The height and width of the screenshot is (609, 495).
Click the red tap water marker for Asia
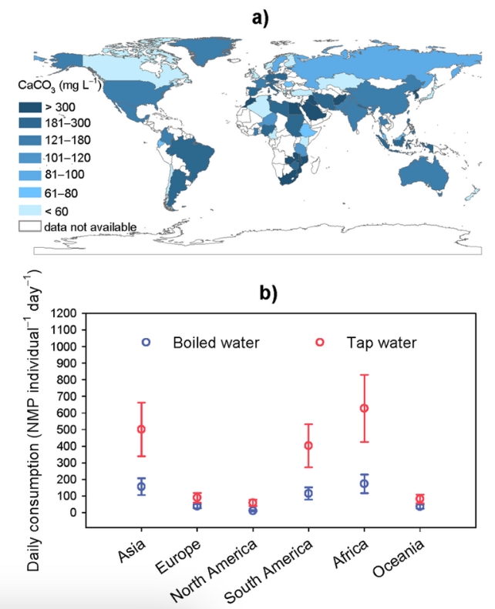141,429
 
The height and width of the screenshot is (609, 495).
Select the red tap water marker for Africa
364,408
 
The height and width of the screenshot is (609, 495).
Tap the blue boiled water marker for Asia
141,487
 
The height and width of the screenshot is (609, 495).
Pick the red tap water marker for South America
308,445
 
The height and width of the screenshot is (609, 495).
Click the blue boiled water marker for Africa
364,484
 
